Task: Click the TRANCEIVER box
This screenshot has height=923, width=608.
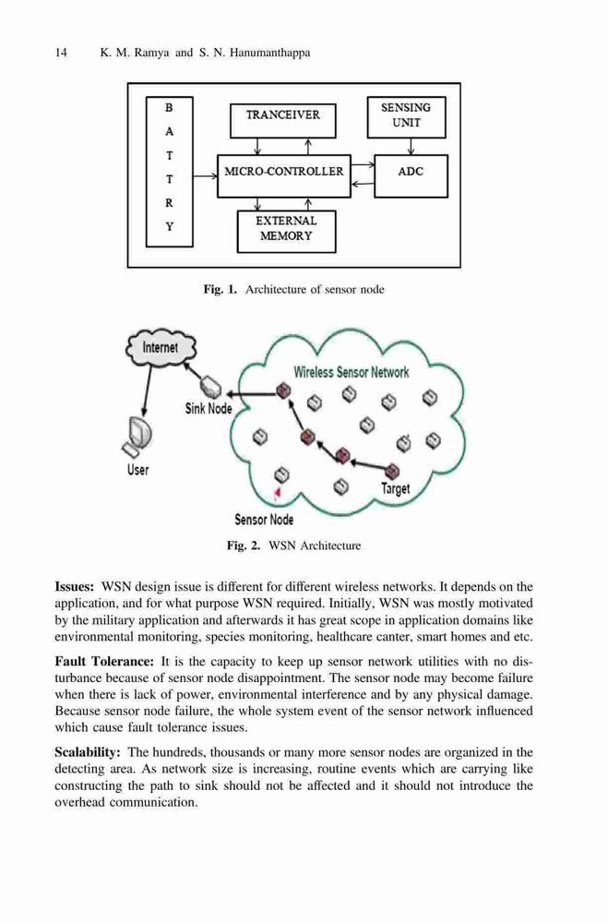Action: (282, 121)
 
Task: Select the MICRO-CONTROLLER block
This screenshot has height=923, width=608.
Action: (283, 176)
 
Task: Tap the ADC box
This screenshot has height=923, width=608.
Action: (411, 176)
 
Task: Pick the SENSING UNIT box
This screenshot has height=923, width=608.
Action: (406, 117)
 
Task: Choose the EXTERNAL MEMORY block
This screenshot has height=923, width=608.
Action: (286, 232)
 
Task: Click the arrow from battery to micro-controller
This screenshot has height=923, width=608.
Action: (205, 175)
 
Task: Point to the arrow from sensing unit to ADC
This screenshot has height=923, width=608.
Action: (411, 147)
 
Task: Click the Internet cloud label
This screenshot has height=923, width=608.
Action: (161, 348)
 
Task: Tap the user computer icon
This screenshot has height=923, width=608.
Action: (136, 437)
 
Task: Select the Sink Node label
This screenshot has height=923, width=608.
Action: (209, 408)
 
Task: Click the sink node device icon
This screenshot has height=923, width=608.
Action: (210, 387)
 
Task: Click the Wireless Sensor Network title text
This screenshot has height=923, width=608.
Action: (352, 372)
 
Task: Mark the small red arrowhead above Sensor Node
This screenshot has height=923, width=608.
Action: (278, 492)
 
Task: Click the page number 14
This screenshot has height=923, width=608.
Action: (61, 53)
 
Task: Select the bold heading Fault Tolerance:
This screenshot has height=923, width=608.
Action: (104, 662)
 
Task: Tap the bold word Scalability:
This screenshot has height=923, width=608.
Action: (88, 752)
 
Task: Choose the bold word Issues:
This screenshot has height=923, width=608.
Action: (74, 587)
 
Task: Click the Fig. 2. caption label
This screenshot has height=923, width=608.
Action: (243, 545)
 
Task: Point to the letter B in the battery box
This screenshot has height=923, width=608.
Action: (169, 108)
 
